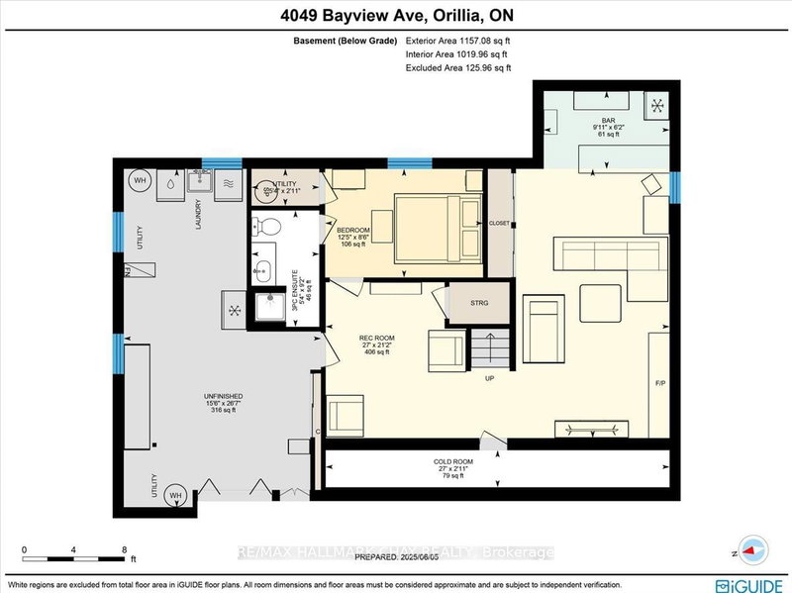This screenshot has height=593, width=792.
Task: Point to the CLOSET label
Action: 500,224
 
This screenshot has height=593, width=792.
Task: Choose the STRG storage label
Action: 478,303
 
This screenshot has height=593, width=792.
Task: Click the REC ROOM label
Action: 376,339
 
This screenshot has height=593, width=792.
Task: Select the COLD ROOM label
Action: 451,461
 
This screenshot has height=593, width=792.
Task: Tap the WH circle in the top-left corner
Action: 140,180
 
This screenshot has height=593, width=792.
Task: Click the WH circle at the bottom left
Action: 174,494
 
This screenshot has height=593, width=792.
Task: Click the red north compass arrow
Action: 755,552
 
